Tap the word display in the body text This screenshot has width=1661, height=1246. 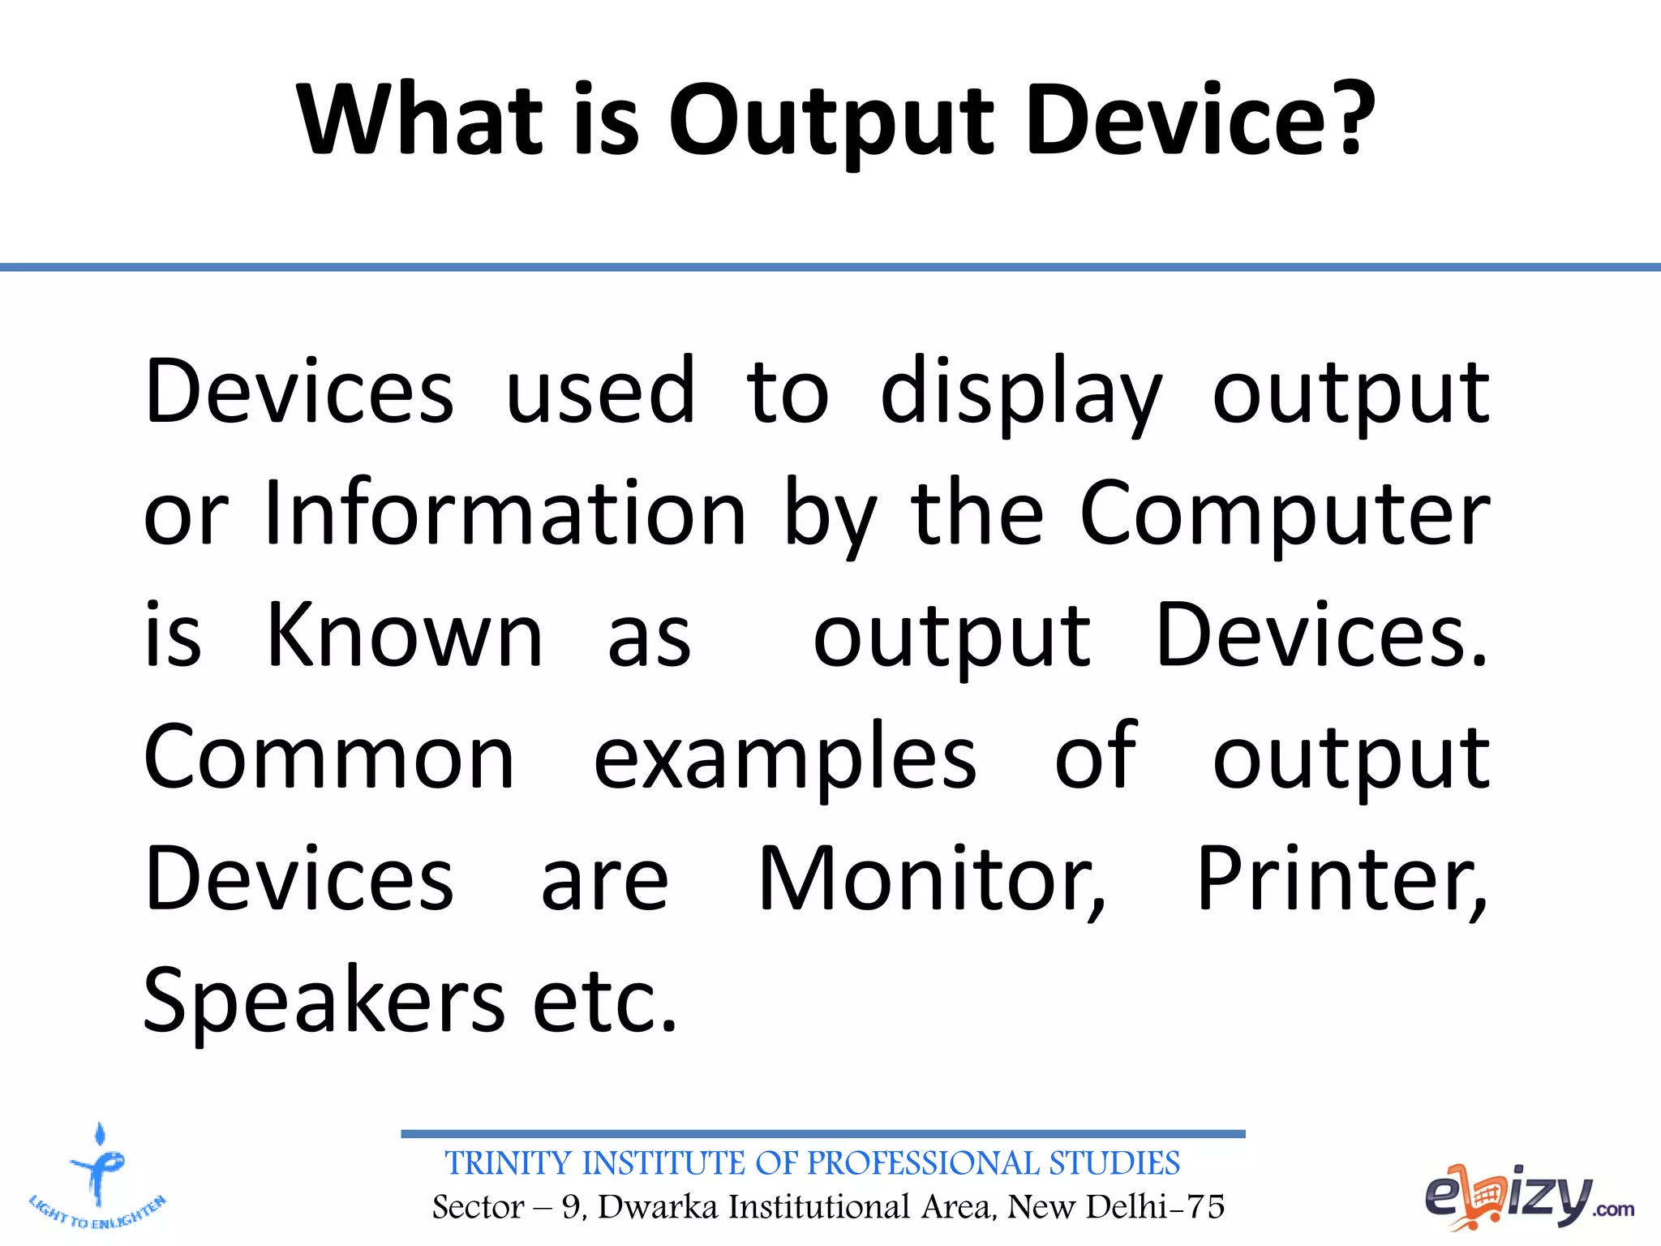(x=1021, y=393)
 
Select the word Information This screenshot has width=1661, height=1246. (x=504, y=514)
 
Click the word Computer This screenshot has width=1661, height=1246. (x=1285, y=516)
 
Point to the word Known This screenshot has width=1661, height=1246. (x=405, y=637)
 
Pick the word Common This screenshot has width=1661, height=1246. (x=329, y=758)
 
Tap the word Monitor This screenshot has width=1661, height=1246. (x=931, y=880)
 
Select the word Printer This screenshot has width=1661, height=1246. (x=1341, y=880)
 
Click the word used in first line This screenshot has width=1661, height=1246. (x=600, y=393)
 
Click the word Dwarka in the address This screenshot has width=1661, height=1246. (x=658, y=1207)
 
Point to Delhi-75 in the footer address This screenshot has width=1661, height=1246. (x=1155, y=1207)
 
